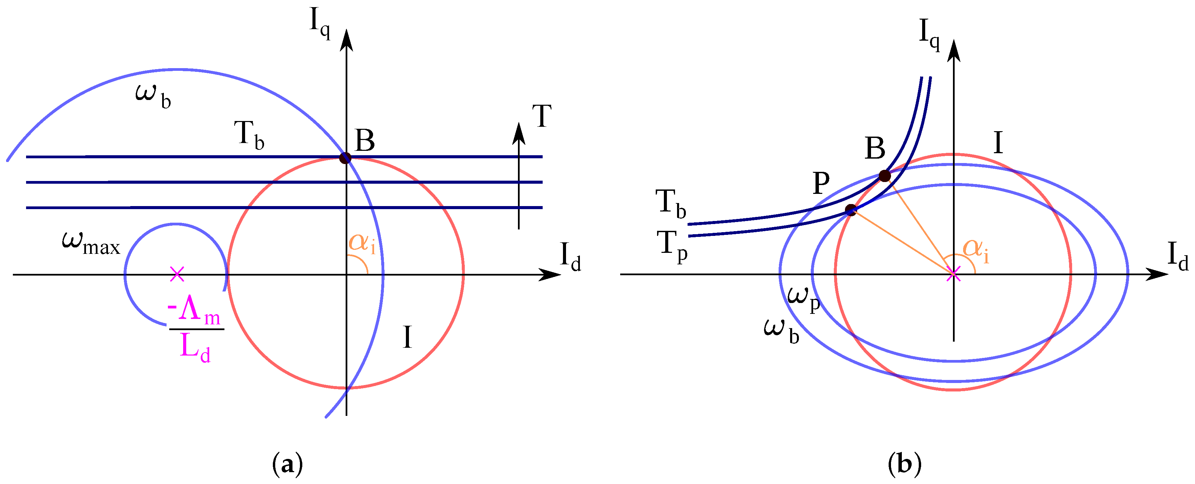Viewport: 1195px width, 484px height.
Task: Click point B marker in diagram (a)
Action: tap(345, 158)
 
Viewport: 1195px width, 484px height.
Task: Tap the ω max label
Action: tap(91, 243)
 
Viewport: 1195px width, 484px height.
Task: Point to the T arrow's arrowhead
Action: tap(519, 133)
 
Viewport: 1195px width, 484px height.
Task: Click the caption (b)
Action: tap(905, 464)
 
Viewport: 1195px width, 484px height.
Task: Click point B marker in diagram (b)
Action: tap(885, 176)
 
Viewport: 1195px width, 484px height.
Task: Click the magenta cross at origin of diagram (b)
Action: tap(953, 274)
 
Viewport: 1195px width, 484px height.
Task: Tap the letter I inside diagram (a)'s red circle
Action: tap(407, 337)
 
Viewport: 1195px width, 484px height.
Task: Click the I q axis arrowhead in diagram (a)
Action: tap(346, 39)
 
